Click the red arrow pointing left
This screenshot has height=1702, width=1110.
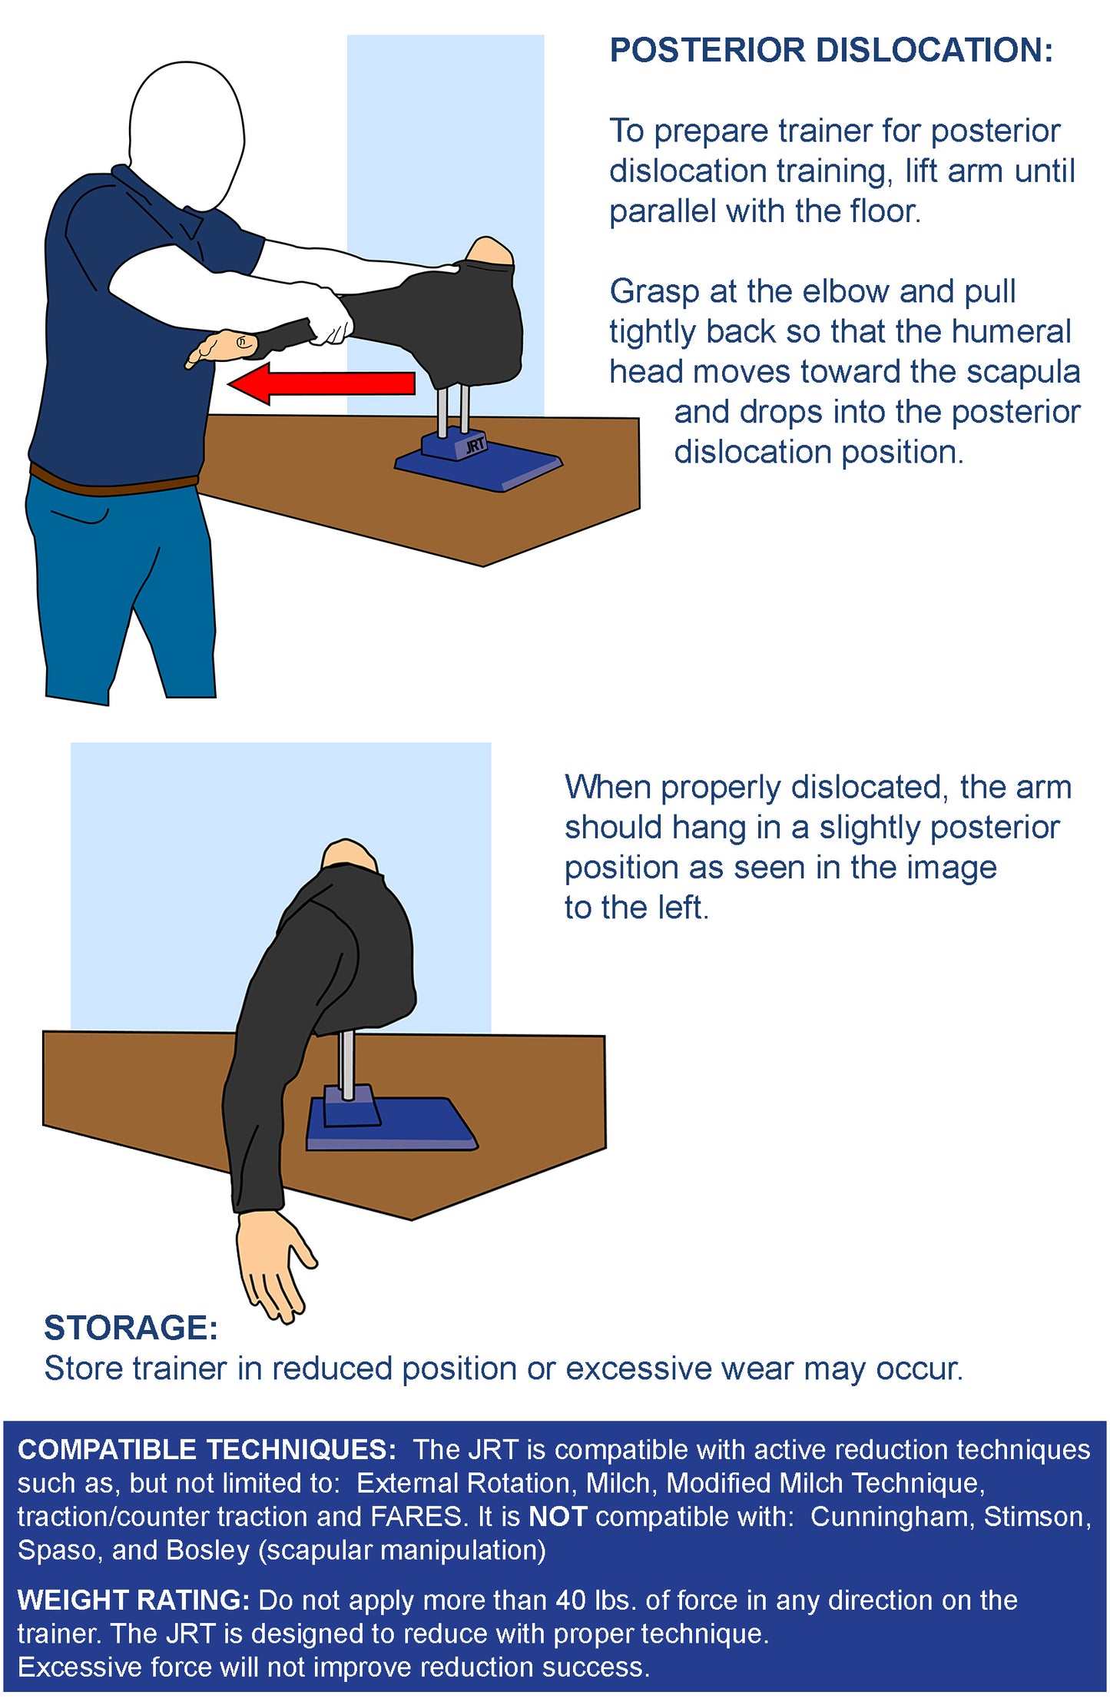point(322,383)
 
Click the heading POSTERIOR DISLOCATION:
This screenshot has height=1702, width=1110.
point(831,51)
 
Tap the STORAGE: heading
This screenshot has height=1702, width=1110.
point(131,1328)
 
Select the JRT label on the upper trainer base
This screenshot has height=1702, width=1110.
point(475,446)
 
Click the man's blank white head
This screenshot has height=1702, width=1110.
point(187,132)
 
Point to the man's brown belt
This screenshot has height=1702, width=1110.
point(114,481)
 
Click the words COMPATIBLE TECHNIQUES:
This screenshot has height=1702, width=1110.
point(207,1450)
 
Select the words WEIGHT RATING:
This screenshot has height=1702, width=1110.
point(134,1600)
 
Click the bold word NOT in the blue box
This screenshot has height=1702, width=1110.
point(558,1517)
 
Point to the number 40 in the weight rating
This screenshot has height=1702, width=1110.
point(572,1600)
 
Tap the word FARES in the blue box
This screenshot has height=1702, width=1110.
point(416,1517)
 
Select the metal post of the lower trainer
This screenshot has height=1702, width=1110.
point(347,1064)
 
